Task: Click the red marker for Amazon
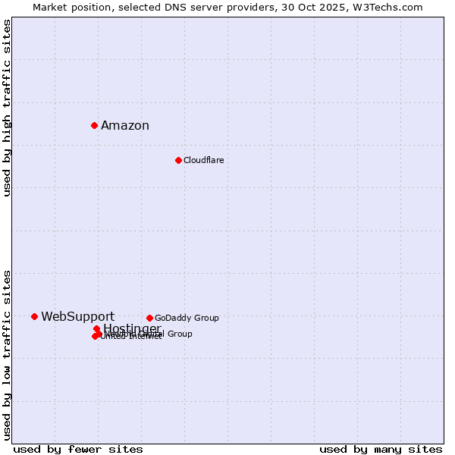pos(94,125)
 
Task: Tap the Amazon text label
pos(125,126)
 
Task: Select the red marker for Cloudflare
pos(178,160)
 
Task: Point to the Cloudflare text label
pos(203,160)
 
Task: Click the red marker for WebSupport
pos(34,316)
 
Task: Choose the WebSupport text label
pos(77,317)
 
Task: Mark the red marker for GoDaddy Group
pos(149,318)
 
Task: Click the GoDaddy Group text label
pos(187,318)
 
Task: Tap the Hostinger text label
pos(132,328)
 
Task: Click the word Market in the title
pos(51,7)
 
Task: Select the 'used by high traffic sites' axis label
pos(7,108)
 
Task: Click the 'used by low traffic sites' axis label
pos(7,355)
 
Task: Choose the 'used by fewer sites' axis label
pos(77,449)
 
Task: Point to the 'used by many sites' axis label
pos(381,449)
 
